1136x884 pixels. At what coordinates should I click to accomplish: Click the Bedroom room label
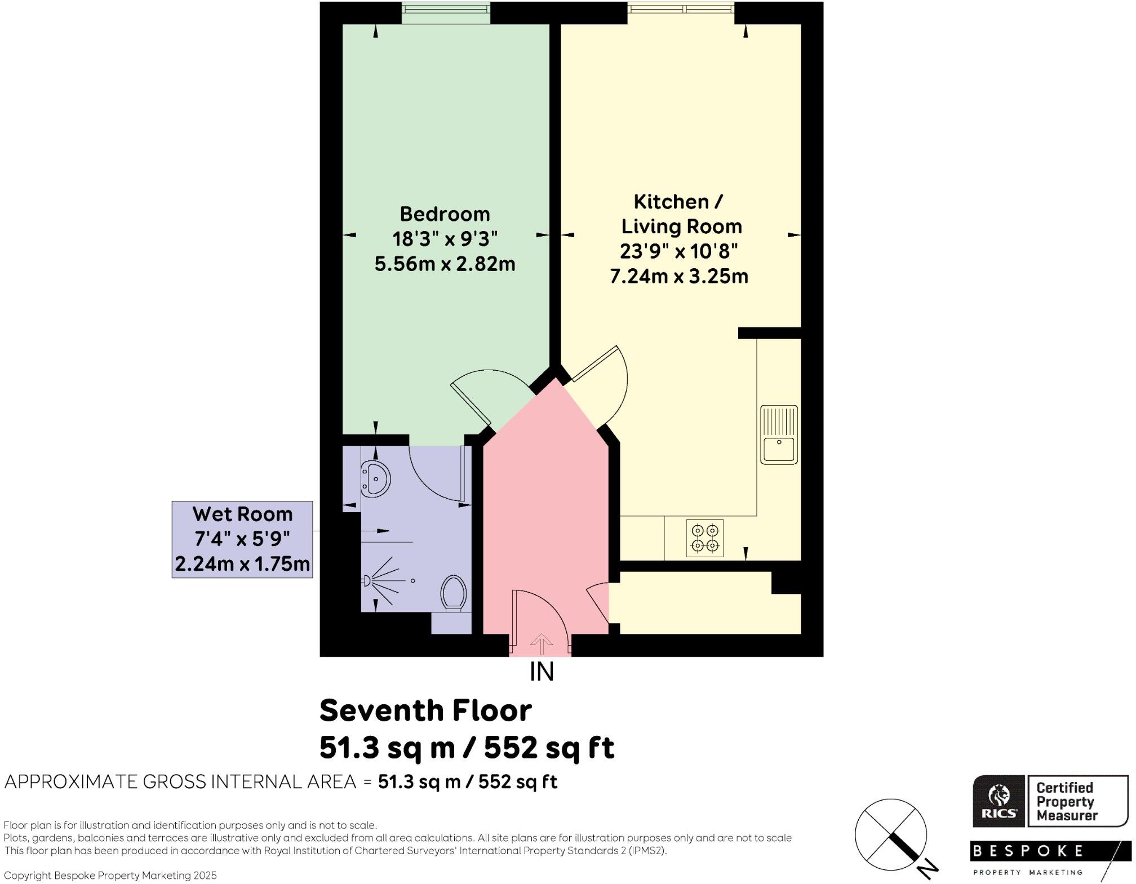pyautogui.click(x=445, y=214)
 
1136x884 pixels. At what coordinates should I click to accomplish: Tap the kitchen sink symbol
pyautogui.click(x=779, y=434)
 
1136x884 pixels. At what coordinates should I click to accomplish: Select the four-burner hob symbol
pyautogui.click(x=705, y=538)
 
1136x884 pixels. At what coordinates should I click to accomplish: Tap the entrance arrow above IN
pyautogui.click(x=542, y=643)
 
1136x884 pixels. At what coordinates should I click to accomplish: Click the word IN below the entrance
pyautogui.click(x=542, y=672)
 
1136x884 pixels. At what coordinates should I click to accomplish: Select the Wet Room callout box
pyautogui.click(x=242, y=539)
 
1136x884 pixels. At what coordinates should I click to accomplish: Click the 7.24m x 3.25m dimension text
pyautogui.click(x=679, y=277)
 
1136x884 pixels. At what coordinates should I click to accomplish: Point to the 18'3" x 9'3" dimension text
pyautogui.click(x=445, y=239)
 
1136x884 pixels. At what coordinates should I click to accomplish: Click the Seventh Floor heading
pyautogui.click(x=425, y=711)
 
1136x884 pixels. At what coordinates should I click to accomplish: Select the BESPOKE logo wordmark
pyautogui.click(x=1028, y=851)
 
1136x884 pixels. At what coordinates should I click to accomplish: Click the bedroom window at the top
pyautogui.click(x=445, y=12)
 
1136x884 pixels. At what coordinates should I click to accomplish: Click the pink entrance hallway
pyautogui.click(x=544, y=507)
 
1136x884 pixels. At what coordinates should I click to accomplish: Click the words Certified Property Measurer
pyautogui.click(x=1066, y=801)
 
